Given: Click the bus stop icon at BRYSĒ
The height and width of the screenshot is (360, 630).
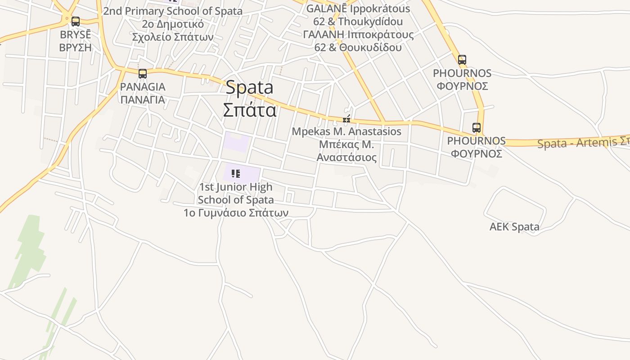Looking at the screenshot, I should [x=76, y=21].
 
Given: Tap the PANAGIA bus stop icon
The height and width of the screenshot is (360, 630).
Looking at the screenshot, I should [x=143, y=73].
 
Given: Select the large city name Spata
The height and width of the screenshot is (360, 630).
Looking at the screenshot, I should [x=249, y=87].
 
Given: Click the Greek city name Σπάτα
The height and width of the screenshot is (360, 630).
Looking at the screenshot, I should [x=249, y=109].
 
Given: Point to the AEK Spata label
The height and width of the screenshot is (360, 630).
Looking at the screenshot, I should [x=514, y=227].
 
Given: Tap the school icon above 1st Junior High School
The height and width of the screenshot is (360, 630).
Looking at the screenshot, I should [x=235, y=173].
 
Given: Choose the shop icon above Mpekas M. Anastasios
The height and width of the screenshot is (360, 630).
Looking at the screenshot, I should [x=346, y=119].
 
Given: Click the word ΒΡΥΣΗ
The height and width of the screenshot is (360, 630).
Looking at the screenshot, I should [x=75, y=47].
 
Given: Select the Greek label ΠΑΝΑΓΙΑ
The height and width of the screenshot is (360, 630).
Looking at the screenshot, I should [x=143, y=99].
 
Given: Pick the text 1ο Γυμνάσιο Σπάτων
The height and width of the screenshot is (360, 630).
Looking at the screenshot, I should [x=236, y=212].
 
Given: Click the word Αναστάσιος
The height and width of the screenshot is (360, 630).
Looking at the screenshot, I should [x=346, y=157].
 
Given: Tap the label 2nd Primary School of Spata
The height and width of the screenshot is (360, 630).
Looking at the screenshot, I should [x=172, y=11].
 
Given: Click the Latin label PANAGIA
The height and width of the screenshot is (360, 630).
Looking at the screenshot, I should [x=143, y=87].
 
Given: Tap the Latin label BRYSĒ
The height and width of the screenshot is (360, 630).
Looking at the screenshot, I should [x=75, y=35].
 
